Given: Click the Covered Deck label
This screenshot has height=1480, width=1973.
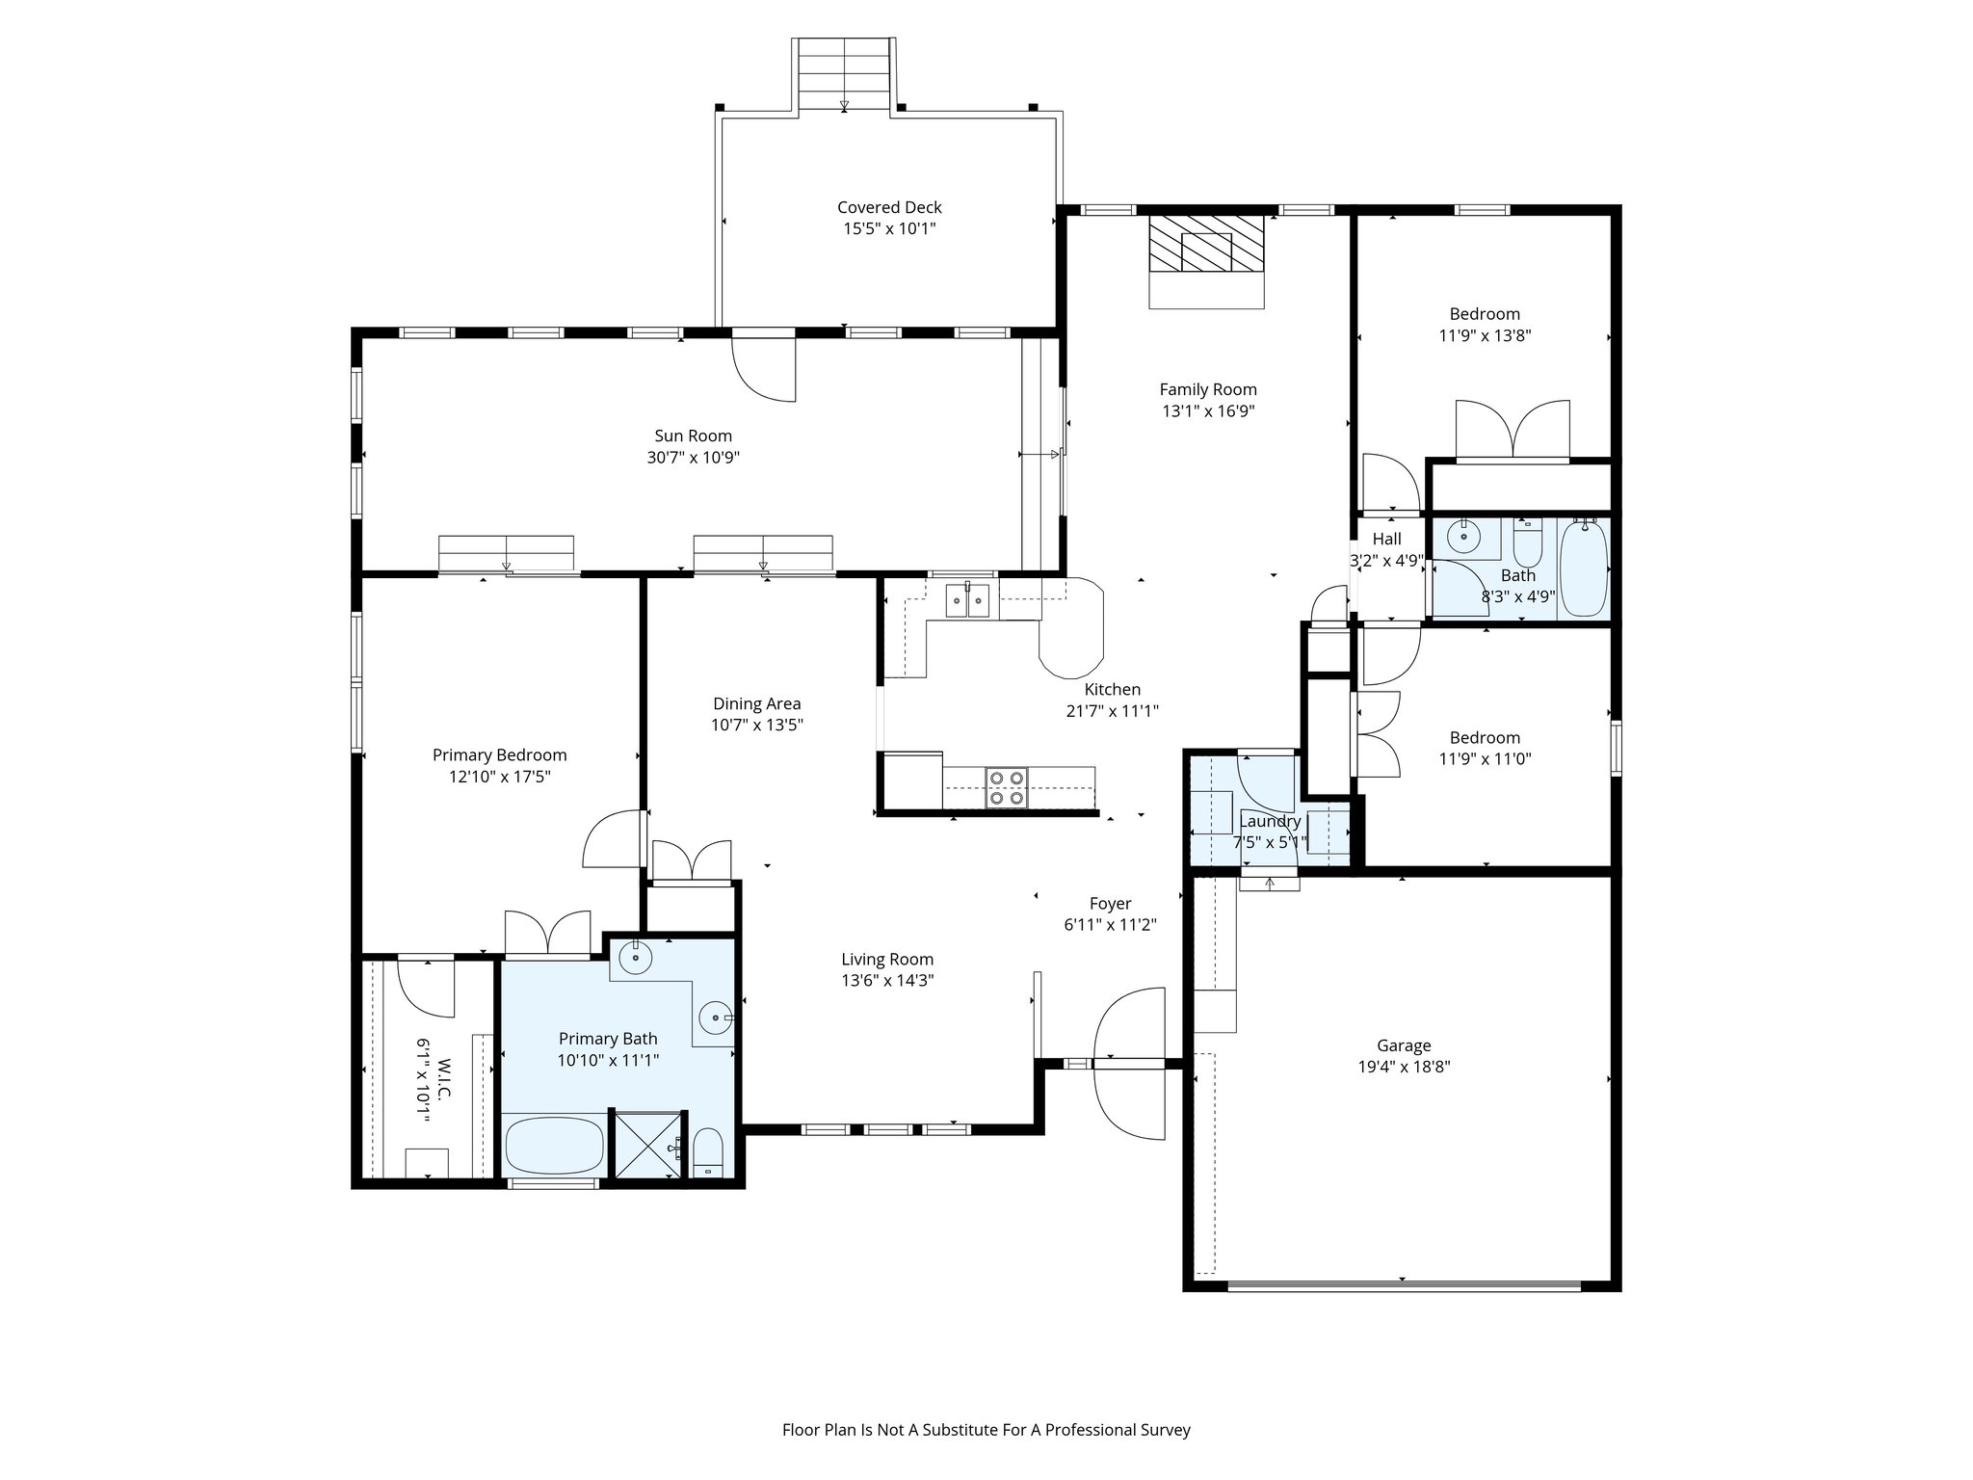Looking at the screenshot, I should click(888, 207).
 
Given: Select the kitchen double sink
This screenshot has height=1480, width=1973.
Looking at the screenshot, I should click(967, 601).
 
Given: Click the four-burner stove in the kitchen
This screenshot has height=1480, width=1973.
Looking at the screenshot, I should click(1006, 787).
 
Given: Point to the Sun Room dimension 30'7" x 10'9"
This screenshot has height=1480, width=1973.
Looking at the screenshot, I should click(693, 458).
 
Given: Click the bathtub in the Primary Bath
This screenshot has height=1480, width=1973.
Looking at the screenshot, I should click(554, 1145).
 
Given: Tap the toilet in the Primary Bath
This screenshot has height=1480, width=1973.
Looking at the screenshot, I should click(707, 1152).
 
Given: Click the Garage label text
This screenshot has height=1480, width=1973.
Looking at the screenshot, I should click(1403, 1045).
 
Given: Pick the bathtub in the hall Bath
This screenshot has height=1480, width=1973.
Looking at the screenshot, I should click(1583, 568).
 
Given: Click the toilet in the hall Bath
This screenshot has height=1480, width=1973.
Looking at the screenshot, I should click(1527, 545).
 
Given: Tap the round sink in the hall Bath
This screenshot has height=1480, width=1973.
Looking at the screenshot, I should click(1464, 537).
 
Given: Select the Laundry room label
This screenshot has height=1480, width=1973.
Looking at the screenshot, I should click(1270, 821).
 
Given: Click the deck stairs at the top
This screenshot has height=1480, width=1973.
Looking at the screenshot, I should click(844, 75).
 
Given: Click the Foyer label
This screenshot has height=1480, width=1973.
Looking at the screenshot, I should click(1110, 904).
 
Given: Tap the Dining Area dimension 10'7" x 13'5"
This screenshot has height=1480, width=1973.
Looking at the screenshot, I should click(756, 726).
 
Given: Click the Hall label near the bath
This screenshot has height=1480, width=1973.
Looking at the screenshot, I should click(1386, 539).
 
